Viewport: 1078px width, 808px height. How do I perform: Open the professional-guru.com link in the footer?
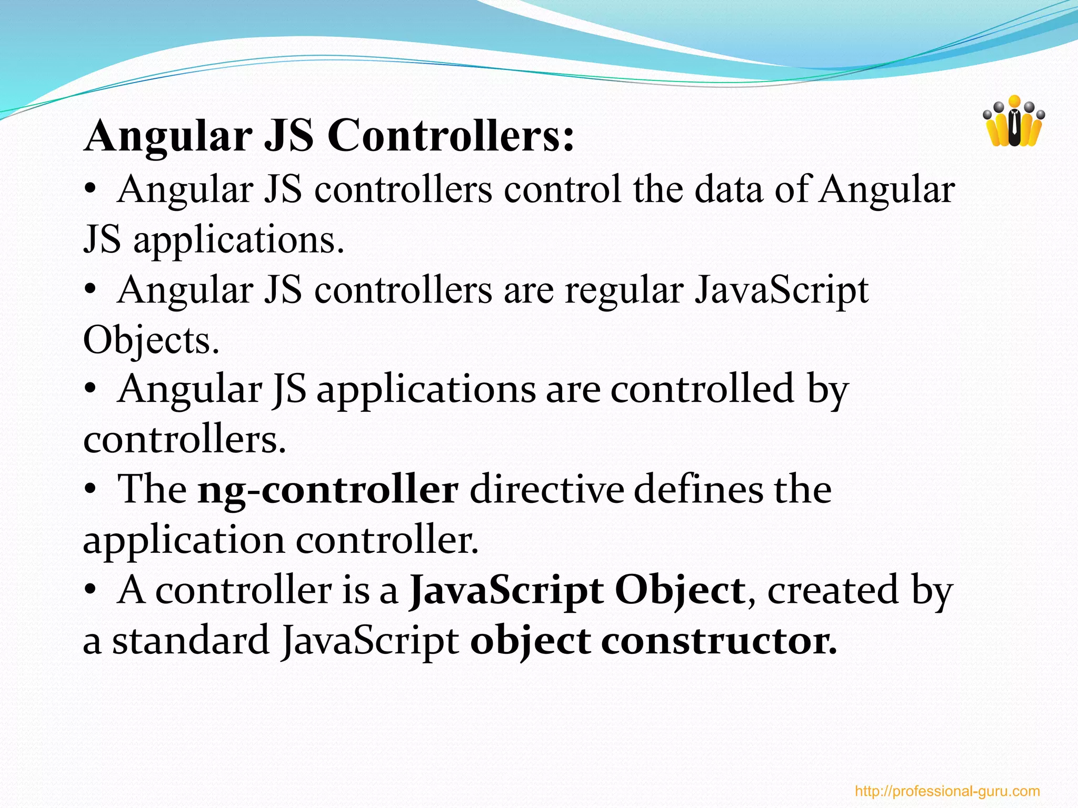[947, 791]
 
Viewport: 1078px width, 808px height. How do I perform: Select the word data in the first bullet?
[728, 189]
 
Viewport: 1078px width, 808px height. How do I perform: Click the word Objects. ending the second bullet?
[151, 340]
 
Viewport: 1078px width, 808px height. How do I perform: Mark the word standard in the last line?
[191, 641]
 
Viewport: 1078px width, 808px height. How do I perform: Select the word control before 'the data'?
[563, 189]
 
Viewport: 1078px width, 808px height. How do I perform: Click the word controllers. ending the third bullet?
[185, 440]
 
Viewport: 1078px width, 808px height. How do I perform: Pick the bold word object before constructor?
[530, 641]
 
